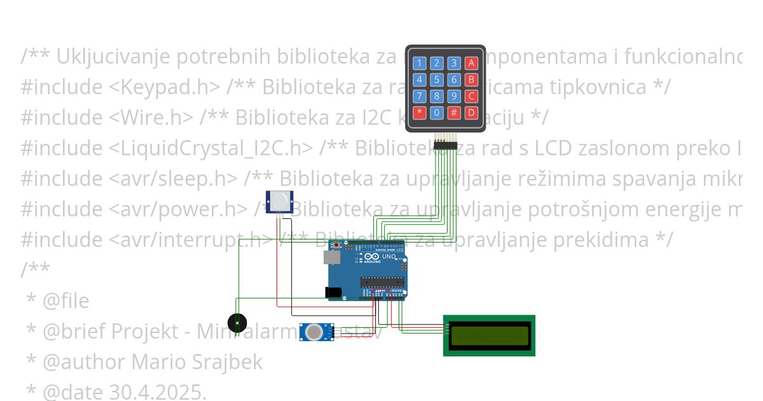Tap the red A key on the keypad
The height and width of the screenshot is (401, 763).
tap(471, 63)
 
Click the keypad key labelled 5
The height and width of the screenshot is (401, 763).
tap(437, 80)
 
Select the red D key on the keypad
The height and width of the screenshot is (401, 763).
tap(471, 113)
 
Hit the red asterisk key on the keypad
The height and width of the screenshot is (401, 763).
tap(420, 113)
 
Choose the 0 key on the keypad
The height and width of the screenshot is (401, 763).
tap(437, 113)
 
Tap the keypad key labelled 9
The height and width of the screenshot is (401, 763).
tap(453, 96)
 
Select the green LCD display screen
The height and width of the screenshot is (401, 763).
tap(490, 335)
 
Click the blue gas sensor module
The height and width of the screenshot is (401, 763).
tap(317, 332)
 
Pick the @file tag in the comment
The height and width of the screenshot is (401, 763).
tap(66, 300)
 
